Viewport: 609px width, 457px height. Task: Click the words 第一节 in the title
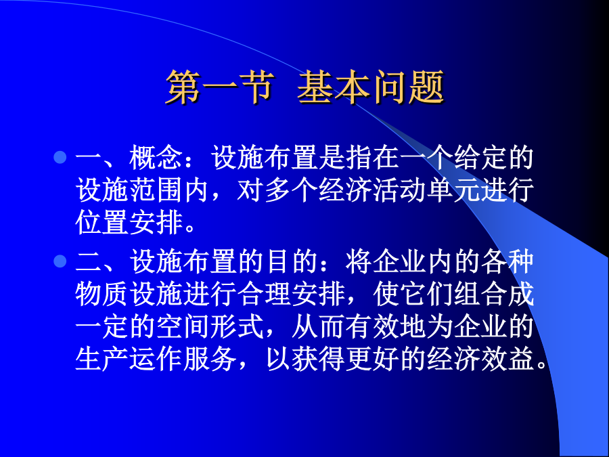coord(220,87)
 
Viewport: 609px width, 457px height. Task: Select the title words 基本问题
coord(371,87)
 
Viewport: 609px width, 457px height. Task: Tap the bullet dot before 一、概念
coord(60,157)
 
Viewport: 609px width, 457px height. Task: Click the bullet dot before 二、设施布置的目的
coord(60,261)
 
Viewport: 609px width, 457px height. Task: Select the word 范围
coord(156,190)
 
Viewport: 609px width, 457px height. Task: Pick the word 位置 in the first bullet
coord(101,222)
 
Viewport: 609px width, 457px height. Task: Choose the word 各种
coord(507,261)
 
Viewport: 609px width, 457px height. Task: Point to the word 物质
coord(101,293)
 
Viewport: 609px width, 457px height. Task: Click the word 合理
coord(264,293)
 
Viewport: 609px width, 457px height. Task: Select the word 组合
coord(480,293)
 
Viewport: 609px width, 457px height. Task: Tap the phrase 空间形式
coord(210,326)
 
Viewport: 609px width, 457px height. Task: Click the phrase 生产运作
coord(128,358)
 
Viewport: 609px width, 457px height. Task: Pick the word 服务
coord(210,358)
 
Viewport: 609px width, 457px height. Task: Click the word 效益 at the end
coord(507,358)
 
